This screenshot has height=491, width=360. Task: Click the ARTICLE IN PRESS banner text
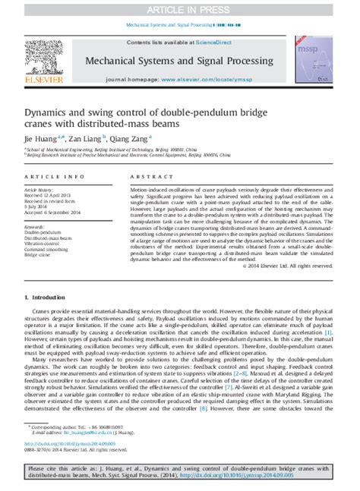pos(180,8)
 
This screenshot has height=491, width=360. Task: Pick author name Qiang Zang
pos(134,139)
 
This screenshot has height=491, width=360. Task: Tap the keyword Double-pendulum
pos(42,231)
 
